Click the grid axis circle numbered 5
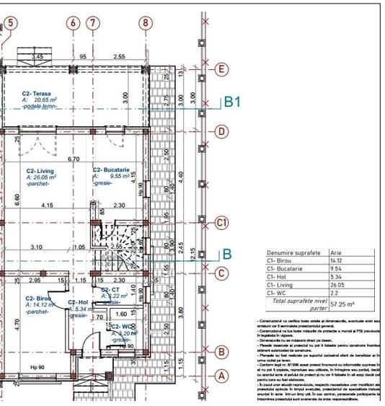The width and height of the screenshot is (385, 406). (x=10, y=22)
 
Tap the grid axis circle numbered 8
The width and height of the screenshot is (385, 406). (x=146, y=22)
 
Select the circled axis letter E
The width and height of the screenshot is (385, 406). (x=223, y=69)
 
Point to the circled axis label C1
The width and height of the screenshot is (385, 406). (x=223, y=223)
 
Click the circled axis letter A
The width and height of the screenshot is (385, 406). (x=223, y=375)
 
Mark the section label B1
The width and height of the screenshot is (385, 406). (x=231, y=102)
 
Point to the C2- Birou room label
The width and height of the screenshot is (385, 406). (x=38, y=298)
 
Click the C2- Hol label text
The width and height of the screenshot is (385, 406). (x=77, y=303)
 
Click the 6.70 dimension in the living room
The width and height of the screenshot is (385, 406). (x=73, y=159)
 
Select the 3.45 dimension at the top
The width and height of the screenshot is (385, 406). (x=37, y=56)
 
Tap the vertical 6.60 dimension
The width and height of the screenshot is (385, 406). (x=18, y=200)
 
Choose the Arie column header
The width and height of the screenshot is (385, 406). (x=335, y=254)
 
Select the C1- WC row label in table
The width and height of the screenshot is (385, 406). (x=276, y=294)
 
